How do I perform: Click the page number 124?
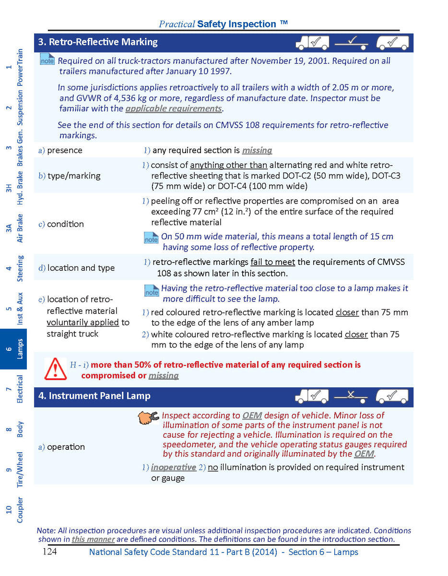point(49,552)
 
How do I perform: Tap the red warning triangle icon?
point(55,369)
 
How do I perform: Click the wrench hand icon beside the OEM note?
point(148,418)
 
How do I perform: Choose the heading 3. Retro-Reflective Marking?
point(98,42)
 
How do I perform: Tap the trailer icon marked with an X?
point(351,396)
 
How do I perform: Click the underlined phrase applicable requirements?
point(173,108)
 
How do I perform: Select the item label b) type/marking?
point(70,176)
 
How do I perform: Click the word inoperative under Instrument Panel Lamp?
point(173,467)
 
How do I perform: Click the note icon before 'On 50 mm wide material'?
point(151,238)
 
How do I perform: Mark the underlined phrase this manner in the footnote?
point(93,539)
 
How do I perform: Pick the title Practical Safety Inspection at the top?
point(224,24)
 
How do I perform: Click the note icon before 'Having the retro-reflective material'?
point(151,290)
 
